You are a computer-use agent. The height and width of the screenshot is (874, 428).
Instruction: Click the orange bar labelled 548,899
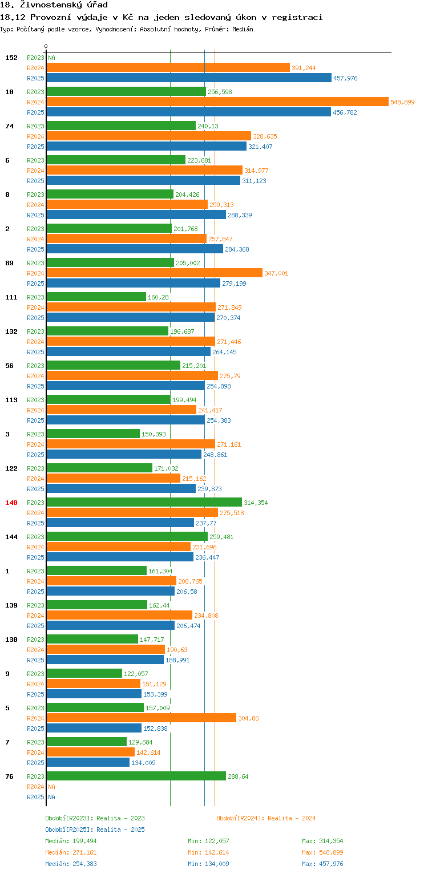click(x=217, y=102)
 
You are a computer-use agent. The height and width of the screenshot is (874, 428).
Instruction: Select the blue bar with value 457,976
click(x=189, y=78)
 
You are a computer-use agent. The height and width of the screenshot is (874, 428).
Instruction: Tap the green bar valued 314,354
click(x=144, y=502)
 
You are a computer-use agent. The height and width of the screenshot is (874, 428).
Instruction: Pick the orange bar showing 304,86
click(x=141, y=718)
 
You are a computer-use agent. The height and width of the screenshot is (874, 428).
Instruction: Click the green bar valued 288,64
click(x=136, y=776)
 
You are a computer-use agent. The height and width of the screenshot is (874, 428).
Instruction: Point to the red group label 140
click(x=11, y=503)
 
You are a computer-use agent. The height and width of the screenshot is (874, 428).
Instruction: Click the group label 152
click(x=11, y=58)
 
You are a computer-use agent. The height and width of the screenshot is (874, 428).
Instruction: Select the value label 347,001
click(x=276, y=273)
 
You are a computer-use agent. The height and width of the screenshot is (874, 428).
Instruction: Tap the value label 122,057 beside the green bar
click(x=136, y=673)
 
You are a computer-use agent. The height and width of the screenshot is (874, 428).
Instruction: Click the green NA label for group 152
click(x=51, y=58)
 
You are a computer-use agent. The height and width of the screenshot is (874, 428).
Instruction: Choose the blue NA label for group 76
click(x=51, y=797)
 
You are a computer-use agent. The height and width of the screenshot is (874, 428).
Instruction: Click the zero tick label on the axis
click(x=46, y=46)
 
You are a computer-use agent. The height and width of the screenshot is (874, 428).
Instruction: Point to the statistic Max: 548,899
click(x=322, y=852)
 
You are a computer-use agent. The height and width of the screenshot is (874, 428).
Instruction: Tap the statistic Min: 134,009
click(x=208, y=864)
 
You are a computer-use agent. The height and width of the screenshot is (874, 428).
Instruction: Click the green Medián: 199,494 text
click(x=71, y=841)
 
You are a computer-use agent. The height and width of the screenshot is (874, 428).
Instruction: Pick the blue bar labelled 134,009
click(x=88, y=762)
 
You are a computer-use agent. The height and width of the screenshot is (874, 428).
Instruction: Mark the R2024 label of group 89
click(x=35, y=273)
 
